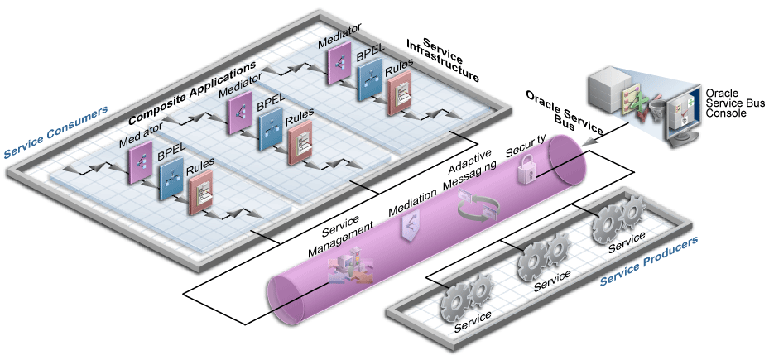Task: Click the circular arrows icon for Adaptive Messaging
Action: pos(474,207)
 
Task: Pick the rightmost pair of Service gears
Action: pos(616,219)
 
